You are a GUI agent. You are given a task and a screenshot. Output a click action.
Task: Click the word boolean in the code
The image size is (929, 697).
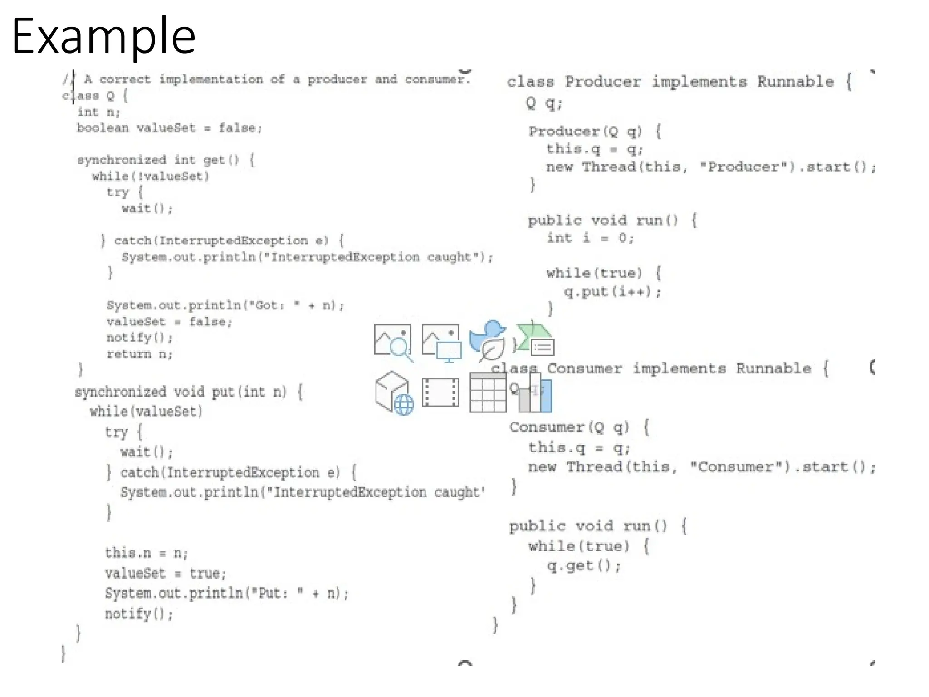coord(103,128)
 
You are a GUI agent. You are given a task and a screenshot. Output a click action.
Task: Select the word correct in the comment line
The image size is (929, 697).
coord(125,79)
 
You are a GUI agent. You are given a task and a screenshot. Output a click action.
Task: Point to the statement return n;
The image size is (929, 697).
coord(139,354)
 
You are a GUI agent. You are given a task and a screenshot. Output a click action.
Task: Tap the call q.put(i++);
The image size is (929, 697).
coord(612,291)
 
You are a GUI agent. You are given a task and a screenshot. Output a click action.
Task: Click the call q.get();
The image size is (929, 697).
coord(584,566)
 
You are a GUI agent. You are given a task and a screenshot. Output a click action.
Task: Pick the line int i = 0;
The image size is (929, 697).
coord(590,238)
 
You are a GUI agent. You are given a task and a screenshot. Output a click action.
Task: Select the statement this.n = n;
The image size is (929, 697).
coord(146,553)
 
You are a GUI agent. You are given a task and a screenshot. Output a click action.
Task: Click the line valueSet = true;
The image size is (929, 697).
coord(166,574)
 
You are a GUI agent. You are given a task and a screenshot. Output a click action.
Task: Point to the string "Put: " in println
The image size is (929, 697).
coord(281,594)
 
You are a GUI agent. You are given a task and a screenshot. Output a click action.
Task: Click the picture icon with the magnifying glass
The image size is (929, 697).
coord(393,342)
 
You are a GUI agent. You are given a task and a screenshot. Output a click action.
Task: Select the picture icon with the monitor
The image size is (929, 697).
coord(441,343)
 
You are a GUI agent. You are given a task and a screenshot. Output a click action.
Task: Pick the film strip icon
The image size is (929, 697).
coord(440,393)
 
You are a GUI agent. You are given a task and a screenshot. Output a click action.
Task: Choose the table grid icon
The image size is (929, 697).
coord(488,393)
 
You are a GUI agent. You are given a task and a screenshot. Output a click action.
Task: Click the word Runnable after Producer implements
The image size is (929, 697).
coord(795,82)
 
